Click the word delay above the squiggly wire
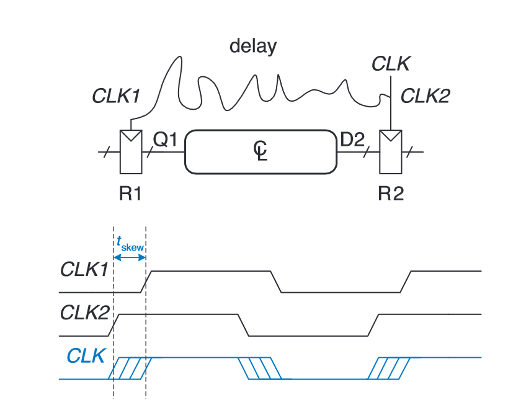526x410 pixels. (x=253, y=47)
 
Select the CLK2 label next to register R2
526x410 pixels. (x=425, y=96)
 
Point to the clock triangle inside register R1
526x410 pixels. (x=131, y=136)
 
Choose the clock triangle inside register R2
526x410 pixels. (x=391, y=136)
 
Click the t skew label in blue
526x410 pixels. (x=130, y=244)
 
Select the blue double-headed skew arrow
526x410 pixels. (x=130, y=256)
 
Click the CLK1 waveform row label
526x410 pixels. (x=84, y=270)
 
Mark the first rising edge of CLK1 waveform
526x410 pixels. (x=147, y=281)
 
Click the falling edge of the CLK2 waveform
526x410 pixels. (x=244, y=325)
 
